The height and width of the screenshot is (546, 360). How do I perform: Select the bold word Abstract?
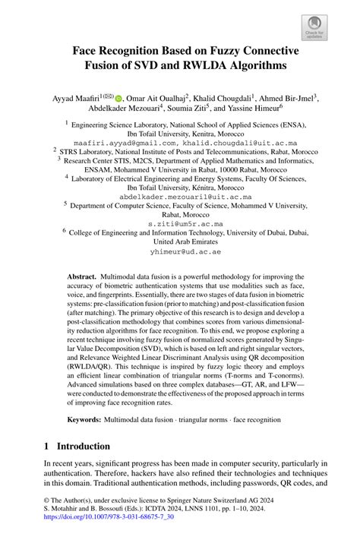82,278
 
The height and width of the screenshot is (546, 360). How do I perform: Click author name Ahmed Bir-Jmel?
292,98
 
